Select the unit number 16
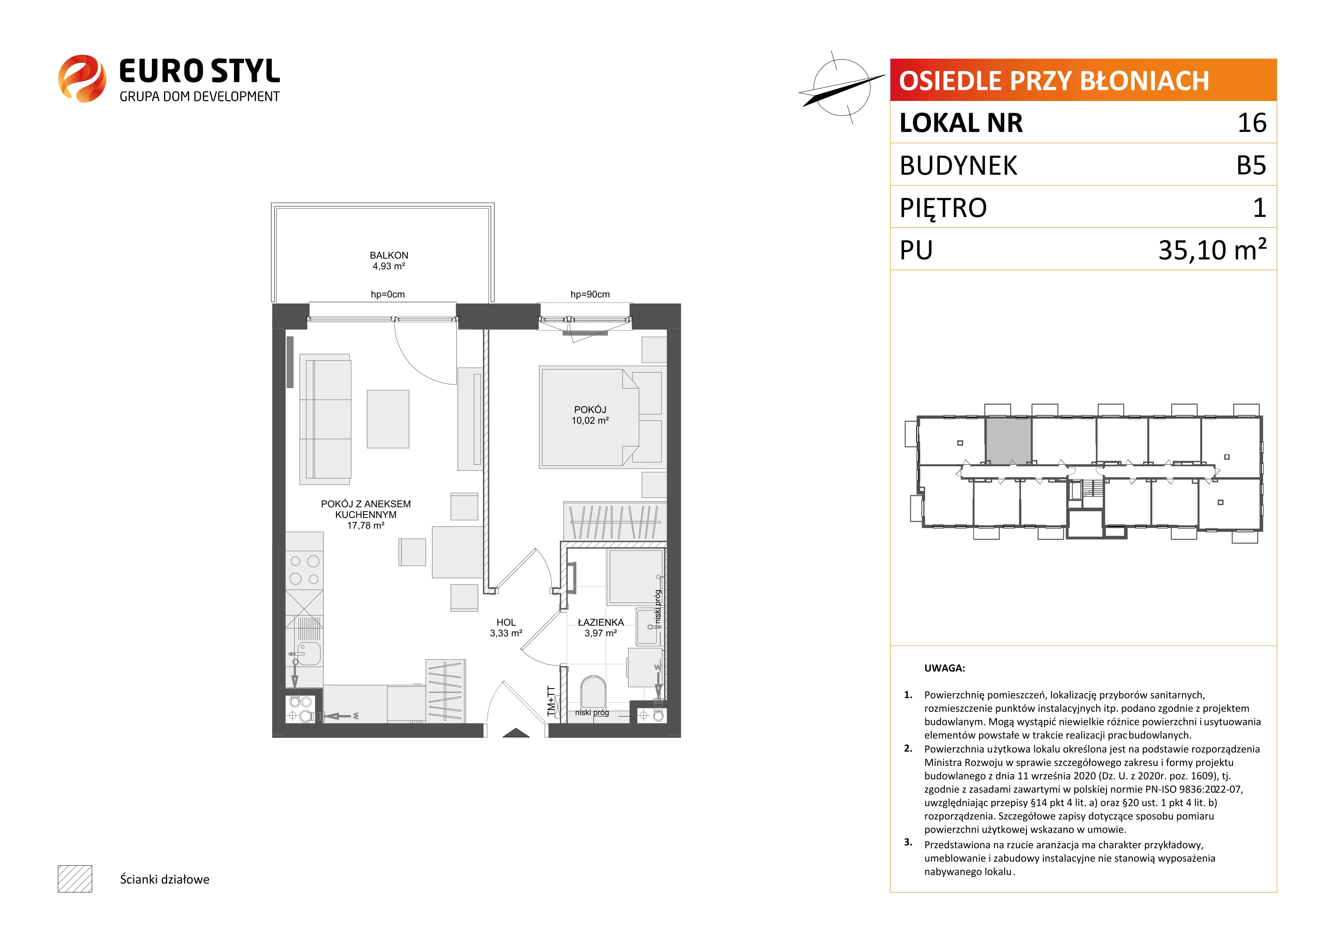click(1252, 123)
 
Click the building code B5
click(1251, 165)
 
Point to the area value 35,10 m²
click(1212, 249)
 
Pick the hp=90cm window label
click(590, 294)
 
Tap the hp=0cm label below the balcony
click(388, 294)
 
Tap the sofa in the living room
click(325, 419)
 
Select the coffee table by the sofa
click(388, 419)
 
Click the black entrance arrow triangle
click(516, 733)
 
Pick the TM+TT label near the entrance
click(551, 701)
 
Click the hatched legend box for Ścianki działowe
click(75, 879)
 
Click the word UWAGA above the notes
click(944, 668)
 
